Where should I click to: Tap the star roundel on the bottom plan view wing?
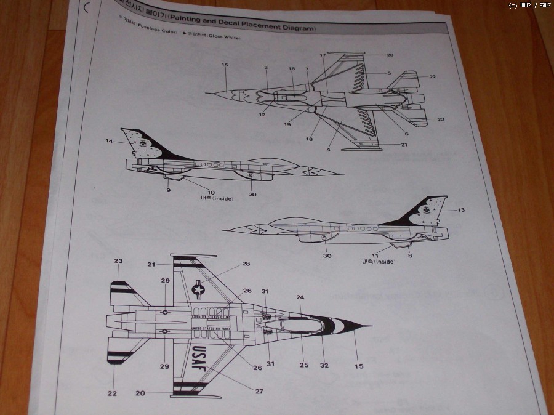pyautogui.click(x=198, y=289)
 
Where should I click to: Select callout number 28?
pyautogui.click(x=246, y=264)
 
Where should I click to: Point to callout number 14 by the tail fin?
pyautogui.click(x=109, y=142)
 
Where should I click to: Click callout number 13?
pyautogui.click(x=461, y=210)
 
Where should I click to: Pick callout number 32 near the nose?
pyautogui.click(x=325, y=365)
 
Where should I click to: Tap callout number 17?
pyautogui.click(x=323, y=55)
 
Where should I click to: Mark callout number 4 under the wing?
pyautogui.click(x=328, y=150)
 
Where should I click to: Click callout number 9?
pyautogui.click(x=168, y=190)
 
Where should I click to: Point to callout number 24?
pyautogui.click(x=300, y=297)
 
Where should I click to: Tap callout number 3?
pyautogui.click(x=266, y=68)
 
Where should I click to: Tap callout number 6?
pyautogui.click(x=406, y=134)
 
